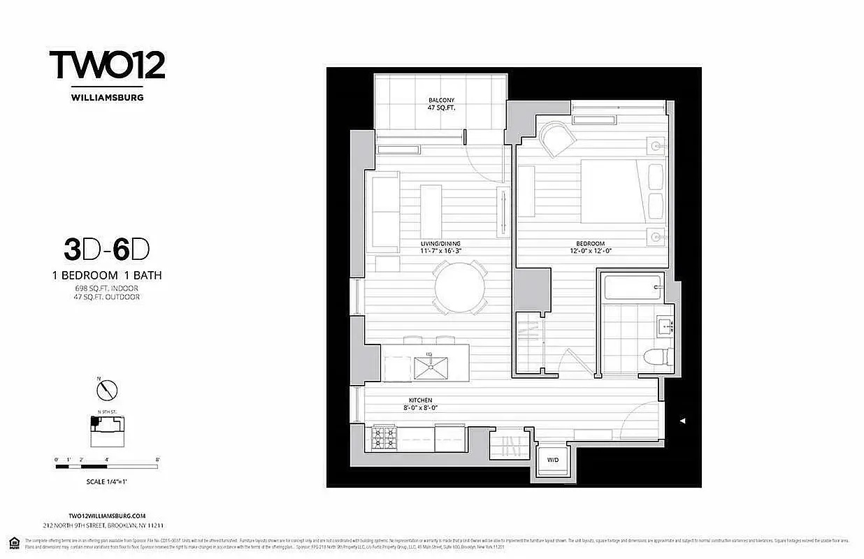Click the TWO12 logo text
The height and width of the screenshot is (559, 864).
[x=107, y=65]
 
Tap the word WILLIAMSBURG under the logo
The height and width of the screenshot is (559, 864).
[x=107, y=98]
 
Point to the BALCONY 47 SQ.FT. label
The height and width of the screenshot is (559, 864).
[x=441, y=104]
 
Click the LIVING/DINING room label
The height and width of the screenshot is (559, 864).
[x=440, y=247]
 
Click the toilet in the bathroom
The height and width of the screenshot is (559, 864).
[x=658, y=357]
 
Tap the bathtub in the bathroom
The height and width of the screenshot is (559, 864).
[x=632, y=286]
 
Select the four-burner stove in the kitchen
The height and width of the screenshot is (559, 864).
[x=383, y=438]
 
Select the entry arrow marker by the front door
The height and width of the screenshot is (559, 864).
[x=684, y=421]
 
